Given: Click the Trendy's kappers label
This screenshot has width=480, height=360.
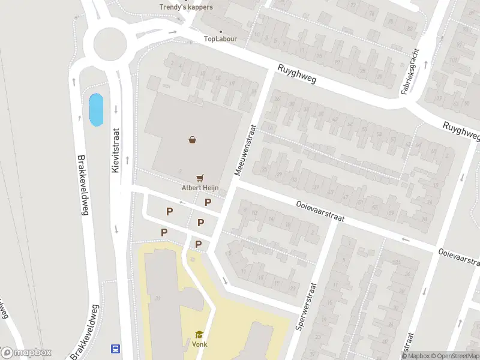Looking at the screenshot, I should tap(186, 7).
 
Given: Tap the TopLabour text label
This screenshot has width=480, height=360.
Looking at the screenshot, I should tap(221, 39).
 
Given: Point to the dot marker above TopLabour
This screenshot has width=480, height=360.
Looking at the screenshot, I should tap(221, 31).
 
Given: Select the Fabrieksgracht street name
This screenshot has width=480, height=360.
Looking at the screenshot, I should tap(412, 71).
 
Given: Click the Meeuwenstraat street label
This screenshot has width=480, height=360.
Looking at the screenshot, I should tap(245, 149).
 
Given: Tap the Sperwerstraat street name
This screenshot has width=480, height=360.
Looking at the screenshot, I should tap(310, 298).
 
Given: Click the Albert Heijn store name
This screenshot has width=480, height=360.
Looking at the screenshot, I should tap(200, 187).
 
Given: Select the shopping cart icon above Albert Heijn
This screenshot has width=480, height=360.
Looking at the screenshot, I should tap(200, 178).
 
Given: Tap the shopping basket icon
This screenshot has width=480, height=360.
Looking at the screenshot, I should tap(192, 140).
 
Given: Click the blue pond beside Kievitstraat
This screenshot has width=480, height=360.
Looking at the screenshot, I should tap(95, 110).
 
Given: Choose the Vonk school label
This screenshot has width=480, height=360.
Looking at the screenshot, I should tap(199, 344).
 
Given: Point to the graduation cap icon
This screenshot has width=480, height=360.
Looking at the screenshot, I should tap(199, 335).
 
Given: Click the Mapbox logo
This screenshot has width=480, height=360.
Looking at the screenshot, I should tap(26, 353).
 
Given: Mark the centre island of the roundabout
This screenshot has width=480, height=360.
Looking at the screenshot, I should tap(110, 42).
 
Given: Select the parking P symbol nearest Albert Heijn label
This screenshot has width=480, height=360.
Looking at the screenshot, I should tap(208, 202).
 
